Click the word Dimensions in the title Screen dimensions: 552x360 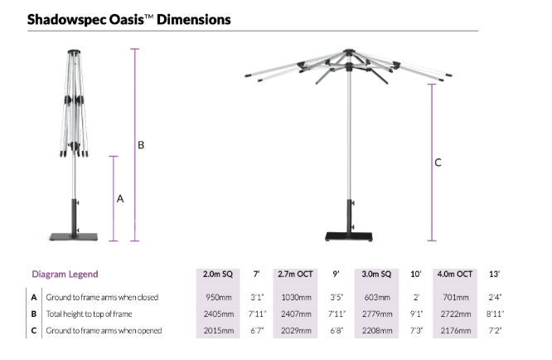(194, 19)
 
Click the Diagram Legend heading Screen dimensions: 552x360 (65, 274)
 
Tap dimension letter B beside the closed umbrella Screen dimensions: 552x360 (141, 145)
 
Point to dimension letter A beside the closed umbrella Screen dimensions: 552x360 (120, 199)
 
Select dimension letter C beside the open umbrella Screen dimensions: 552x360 (438, 163)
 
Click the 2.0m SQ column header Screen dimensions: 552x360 (218, 274)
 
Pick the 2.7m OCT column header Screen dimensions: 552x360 (295, 274)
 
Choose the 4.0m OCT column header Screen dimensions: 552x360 (455, 274)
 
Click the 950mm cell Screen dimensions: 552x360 (219, 297)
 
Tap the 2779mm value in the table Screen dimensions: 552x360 (377, 314)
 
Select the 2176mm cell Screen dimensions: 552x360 (456, 330)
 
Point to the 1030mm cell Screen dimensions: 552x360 (296, 297)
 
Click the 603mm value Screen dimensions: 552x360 (377, 297)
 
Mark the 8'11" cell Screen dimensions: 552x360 (495, 314)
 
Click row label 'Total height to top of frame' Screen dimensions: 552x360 (89, 314)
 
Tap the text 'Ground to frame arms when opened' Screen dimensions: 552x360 (104, 330)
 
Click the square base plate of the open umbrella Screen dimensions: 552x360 (348, 236)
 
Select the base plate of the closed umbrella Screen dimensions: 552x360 (74, 237)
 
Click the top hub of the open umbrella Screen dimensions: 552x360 (348, 51)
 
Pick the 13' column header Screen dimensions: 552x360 (494, 274)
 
